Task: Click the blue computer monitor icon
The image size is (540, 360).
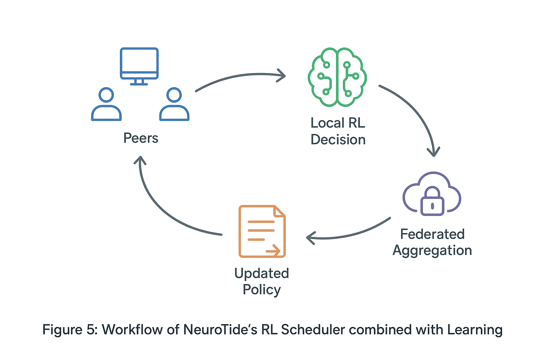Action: click(x=139, y=66)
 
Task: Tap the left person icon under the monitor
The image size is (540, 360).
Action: click(x=106, y=104)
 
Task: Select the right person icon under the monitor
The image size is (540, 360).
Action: click(x=174, y=104)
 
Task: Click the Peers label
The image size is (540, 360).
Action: click(x=141, y=138)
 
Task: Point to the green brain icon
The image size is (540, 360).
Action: click(x=337, y=77)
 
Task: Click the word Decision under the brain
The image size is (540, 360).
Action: click(x=338, y=140)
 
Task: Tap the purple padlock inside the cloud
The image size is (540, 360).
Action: click(x=432, y=201)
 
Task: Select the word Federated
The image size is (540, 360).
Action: click(x=432, y=234)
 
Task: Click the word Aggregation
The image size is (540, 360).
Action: click(x=432, y=251)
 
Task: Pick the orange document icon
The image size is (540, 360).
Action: click(x=262, y=231)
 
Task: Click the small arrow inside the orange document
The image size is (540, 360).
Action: click(x=273, y=251)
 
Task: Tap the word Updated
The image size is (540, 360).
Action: click(x=262, y=274)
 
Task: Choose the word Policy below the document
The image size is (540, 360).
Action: click(x=262, y=290)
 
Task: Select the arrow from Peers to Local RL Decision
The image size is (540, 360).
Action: click(x=241, y=76)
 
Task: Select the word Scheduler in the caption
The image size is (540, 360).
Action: click(x=313, y=329)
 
